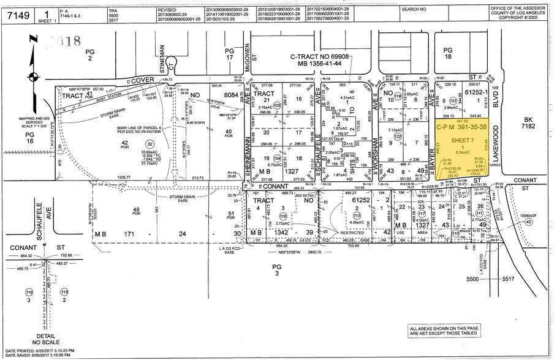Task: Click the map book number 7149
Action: click(x=17, y=13)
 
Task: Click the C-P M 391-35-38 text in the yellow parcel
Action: click(x=461, y=127)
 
